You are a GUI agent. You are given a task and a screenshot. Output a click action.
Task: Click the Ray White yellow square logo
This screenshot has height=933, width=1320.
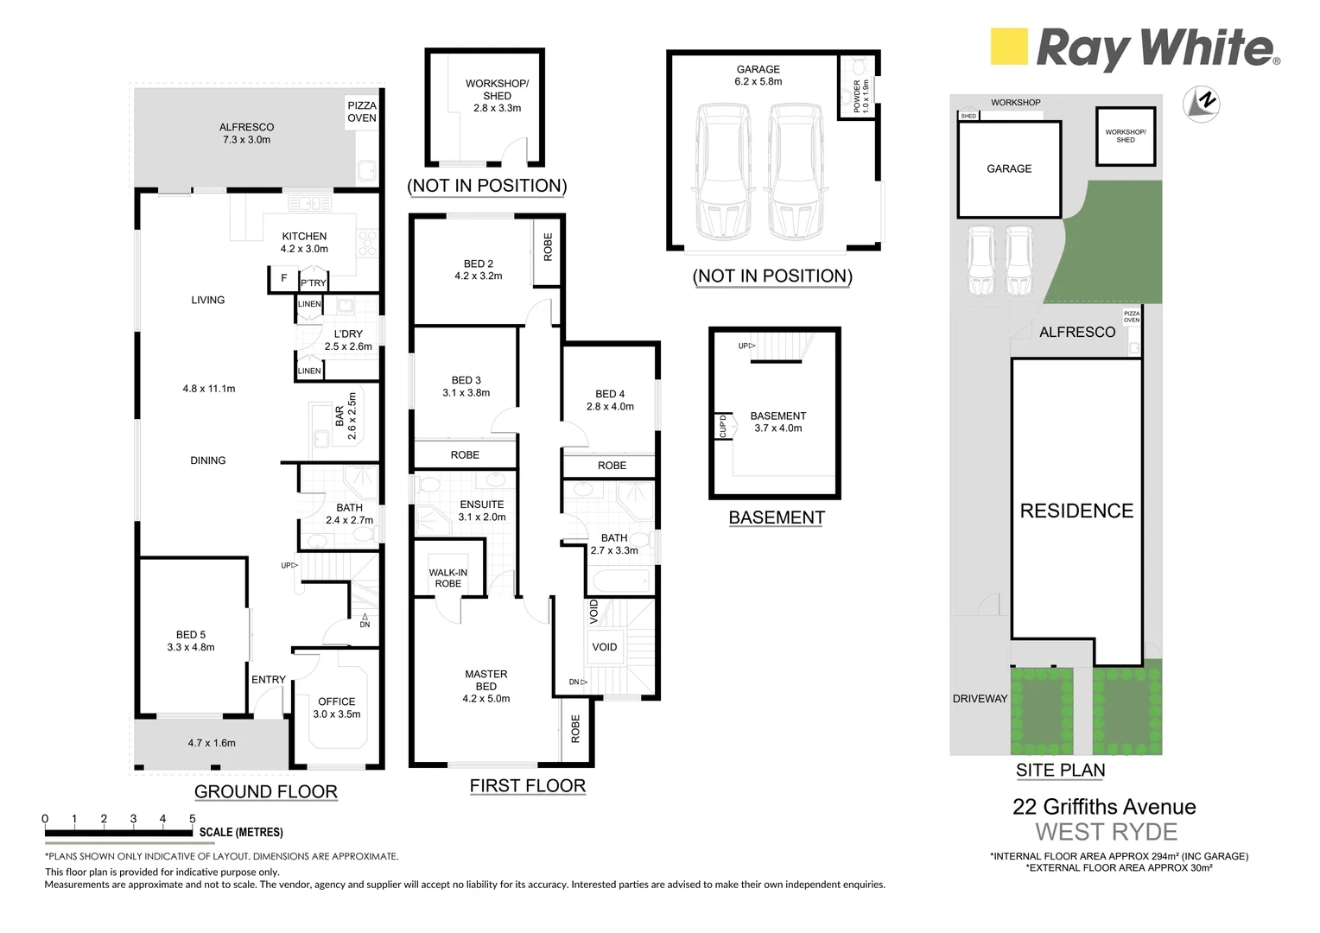1009,47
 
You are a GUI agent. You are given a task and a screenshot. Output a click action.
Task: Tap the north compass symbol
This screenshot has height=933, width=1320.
1201,103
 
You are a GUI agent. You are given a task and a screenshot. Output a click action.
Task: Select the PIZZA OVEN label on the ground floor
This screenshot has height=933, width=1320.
362,111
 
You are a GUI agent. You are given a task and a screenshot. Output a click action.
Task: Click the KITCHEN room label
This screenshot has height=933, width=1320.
304,236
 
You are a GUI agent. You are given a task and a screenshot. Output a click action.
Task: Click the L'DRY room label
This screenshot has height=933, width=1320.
348,333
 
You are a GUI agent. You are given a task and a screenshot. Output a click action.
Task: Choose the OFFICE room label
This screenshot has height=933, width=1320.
337,701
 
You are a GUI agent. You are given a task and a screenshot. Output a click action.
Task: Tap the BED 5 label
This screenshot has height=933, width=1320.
191,634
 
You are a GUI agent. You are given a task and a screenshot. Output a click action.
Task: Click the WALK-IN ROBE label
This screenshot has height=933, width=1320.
448,578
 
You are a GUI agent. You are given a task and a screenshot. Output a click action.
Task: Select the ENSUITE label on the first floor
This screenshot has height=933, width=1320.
482,505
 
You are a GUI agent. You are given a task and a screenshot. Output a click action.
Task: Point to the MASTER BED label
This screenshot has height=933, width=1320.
486,680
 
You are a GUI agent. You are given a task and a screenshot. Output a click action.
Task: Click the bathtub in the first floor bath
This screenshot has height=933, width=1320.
619,581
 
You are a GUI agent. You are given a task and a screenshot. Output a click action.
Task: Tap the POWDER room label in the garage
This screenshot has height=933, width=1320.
858,96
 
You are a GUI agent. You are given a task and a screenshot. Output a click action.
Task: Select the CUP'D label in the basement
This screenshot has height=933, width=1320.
723,426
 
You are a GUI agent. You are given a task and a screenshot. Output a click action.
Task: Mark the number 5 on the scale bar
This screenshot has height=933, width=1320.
192,818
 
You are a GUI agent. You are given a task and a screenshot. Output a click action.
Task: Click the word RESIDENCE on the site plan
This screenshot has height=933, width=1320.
1076,511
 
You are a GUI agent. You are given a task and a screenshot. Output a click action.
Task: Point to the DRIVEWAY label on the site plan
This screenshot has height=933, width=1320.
980,698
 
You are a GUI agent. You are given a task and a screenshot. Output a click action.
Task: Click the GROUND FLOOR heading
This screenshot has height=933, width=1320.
265,791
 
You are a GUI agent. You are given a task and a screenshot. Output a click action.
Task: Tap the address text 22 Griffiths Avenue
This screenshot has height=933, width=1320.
1104,807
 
